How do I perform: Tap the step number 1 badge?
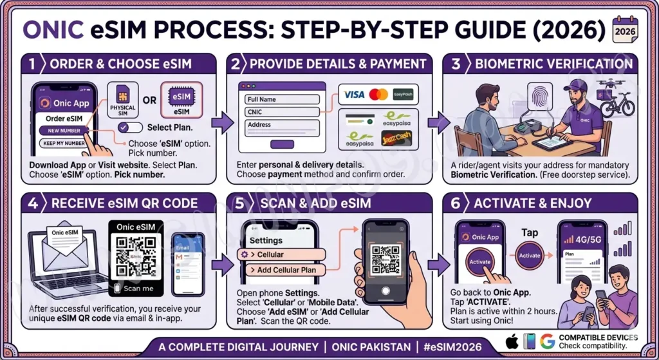click(x=31, y=63)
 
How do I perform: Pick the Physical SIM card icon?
click(x=123, y=100)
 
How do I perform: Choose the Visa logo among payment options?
click(x=354, y=95)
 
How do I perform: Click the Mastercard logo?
click(x=379, y=95)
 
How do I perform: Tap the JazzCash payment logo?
click(x=396, y=137)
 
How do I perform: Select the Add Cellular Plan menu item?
click(x=286, y=270)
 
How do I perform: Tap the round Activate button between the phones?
click(x=530, y=255)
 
